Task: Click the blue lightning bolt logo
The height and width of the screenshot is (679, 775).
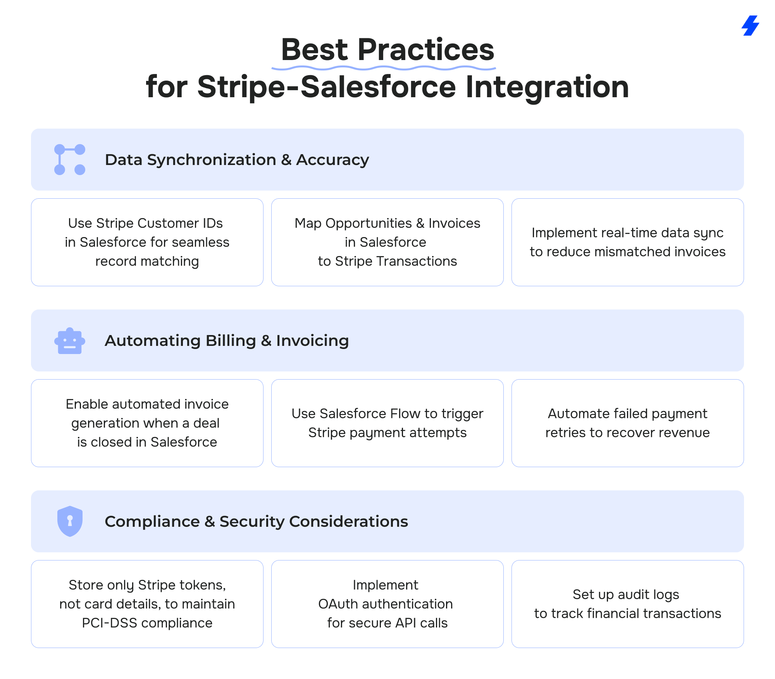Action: point(750,26)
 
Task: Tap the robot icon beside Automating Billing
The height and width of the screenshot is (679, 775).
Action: point(70,341)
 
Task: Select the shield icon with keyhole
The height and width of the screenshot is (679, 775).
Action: point(70,521)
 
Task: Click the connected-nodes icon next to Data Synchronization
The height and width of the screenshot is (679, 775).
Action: point(70,160)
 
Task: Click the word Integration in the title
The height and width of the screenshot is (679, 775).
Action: point(547,87)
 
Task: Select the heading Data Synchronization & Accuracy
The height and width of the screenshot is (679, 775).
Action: point(237,160)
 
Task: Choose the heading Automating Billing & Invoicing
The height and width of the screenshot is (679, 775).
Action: point(227,341)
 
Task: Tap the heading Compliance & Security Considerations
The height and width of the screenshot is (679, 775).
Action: point(256,522)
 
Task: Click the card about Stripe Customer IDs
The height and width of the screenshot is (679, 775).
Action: point(147,242)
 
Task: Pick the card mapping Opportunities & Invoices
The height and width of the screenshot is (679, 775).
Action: point(387,242)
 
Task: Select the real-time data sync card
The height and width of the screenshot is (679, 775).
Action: point(628,242)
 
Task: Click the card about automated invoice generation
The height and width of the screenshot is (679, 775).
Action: point(147,423)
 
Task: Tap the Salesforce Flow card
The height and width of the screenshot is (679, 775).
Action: point(387,423)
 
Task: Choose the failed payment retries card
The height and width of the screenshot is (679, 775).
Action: point(628,423)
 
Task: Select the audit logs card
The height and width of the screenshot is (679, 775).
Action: point(628,604)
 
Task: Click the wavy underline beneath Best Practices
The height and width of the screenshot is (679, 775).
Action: point(384,68)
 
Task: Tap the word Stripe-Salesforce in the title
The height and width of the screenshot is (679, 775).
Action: point(327,87)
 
